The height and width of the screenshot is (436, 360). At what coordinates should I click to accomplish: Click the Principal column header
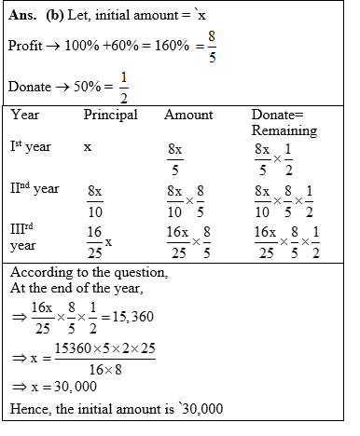pos(111,116)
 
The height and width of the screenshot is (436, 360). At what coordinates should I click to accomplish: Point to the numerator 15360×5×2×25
pos(114,347)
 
